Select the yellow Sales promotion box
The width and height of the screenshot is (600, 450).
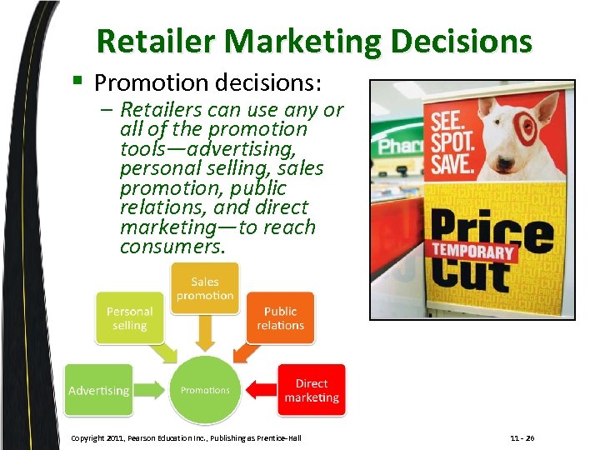tap(205, 288)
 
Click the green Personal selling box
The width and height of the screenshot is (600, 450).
tap(129, 317)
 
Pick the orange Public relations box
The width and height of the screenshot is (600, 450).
tap(280, 317)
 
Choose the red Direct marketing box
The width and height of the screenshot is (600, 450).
tap(311, 390)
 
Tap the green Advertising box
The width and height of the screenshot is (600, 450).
tap(98, 390)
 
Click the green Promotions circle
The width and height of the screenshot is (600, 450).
tap(205, 390)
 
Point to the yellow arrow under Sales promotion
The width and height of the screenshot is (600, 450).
tap(205, 335)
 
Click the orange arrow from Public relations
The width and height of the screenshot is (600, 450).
tap(247, 354)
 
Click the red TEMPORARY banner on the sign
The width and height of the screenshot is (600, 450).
tap(472, 250)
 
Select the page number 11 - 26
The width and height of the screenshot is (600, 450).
tap(522, 438)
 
